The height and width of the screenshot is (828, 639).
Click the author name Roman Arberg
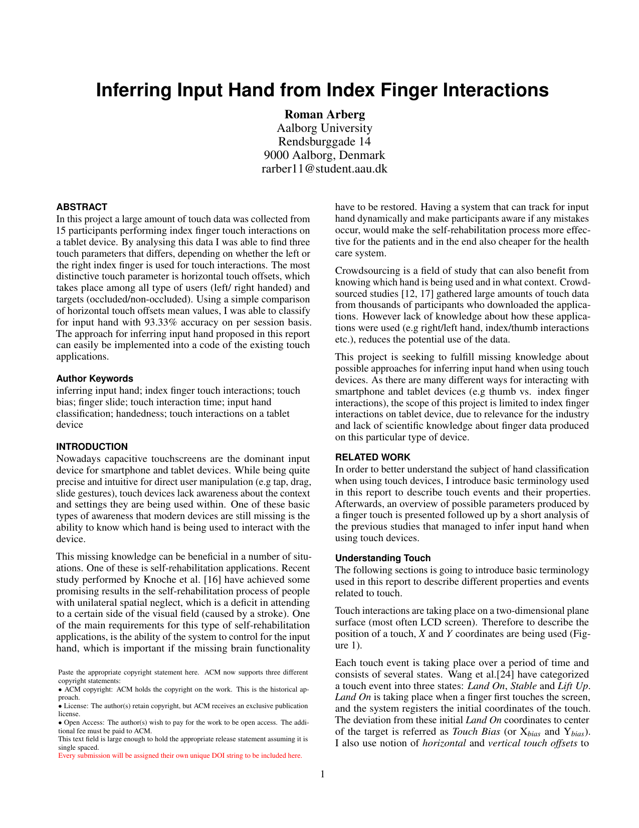(x=324, y=114)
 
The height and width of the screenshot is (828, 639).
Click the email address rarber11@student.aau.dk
(x=324, y=169)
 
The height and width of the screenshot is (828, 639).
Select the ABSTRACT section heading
(x=82, y=207)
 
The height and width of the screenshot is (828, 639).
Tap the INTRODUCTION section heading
(x=92, y=447)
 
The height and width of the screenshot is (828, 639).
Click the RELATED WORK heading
(x=372, y=457)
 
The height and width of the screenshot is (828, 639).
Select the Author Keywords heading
(x=95, y=379)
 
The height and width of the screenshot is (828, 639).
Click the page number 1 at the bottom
(x=323, y=774)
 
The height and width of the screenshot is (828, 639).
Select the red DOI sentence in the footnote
(x=180, y=756)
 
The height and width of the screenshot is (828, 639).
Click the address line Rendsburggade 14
(x=324, y=141)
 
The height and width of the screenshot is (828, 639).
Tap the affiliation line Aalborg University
(x=324, y=128)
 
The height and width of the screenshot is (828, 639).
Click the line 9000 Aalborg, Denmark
(x=324, y=155)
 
